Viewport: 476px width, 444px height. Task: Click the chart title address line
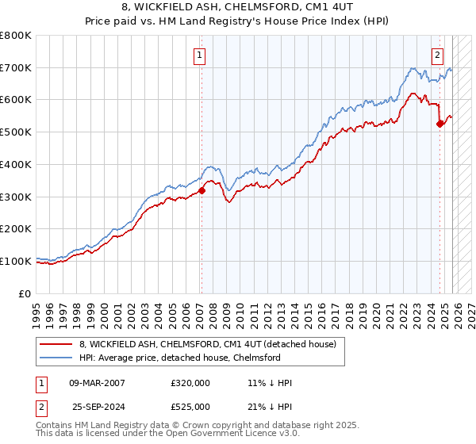tap(237, 7)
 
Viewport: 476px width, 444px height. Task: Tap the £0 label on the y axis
tap(25, 293)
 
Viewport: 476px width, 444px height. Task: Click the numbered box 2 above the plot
tap(437, 55)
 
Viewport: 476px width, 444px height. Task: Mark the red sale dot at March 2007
tap(202, 190)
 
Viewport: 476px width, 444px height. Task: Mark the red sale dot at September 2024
tap(440, 124)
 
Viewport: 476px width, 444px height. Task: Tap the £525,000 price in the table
tap(190, 407)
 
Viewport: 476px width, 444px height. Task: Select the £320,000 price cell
tap(190, 383)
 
